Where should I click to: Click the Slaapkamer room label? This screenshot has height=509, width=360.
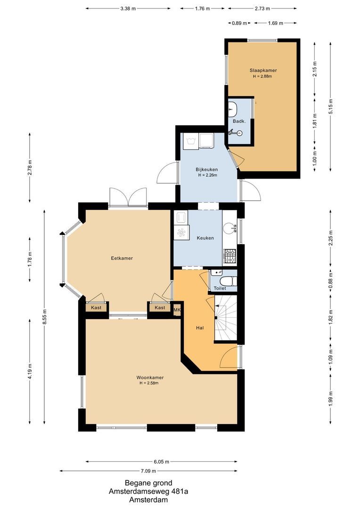[x=263, y=70]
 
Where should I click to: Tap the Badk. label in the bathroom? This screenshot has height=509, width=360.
[x=238, y=121]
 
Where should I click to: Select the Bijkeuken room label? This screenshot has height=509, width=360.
[x=207, y=169]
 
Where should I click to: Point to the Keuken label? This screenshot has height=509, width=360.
[x=205, y=238]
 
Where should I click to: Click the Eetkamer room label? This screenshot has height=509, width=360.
[x=122, y=258]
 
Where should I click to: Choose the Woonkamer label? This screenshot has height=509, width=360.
[x=150, y=378]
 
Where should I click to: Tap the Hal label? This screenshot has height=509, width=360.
[x=200, y=328]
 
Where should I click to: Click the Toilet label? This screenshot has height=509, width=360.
[x=220, y=288]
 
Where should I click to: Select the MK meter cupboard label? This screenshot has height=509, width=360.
[x=177, y=310]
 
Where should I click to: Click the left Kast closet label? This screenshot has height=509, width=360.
[x=96, y=308]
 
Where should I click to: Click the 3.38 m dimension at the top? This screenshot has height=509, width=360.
[x=128, y=8]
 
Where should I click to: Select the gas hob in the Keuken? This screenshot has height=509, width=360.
[x=229, y=256]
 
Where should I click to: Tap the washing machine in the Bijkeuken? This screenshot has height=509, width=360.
[x=191, y=141]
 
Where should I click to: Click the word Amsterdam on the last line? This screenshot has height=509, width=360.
[x=148, y=500]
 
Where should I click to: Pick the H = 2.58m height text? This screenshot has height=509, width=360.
[x=149, y=383]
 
